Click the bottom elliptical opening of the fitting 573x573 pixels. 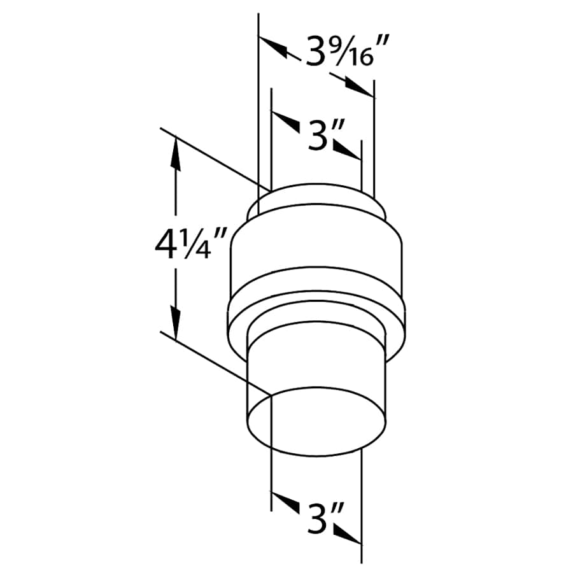[316, 420]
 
